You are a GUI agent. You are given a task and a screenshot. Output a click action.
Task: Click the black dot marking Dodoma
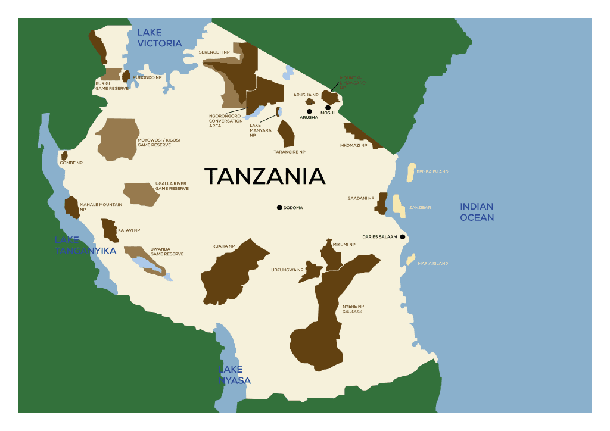coord(279,207)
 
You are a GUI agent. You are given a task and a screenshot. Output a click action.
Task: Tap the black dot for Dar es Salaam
coord(403,237)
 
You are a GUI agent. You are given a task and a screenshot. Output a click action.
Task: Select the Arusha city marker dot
coord(309,111)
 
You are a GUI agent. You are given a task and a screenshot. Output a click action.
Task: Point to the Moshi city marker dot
coord(328,108)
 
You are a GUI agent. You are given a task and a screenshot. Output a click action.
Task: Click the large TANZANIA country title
coord(264,176)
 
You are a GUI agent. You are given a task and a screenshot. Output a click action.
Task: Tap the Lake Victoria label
coord(159,38)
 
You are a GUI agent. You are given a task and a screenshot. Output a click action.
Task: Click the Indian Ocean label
coord(477,212)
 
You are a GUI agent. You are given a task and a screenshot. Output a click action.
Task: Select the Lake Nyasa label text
coord(234,375)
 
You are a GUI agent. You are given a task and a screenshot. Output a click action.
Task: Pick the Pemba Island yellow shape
coord(410,172)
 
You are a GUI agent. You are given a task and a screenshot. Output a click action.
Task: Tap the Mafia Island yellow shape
coord(410,260)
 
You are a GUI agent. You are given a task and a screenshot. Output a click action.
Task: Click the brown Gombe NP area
coord(64,156)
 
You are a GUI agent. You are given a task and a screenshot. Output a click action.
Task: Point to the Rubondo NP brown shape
coord(126,76)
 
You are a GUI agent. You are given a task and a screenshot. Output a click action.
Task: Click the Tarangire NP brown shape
coord(287,135)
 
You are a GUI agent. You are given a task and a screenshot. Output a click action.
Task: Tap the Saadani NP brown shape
coord(381,204)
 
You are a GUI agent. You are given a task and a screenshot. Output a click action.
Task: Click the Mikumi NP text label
coord(344,245)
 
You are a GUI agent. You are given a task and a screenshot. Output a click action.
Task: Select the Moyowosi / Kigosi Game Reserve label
coord(158,143)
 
